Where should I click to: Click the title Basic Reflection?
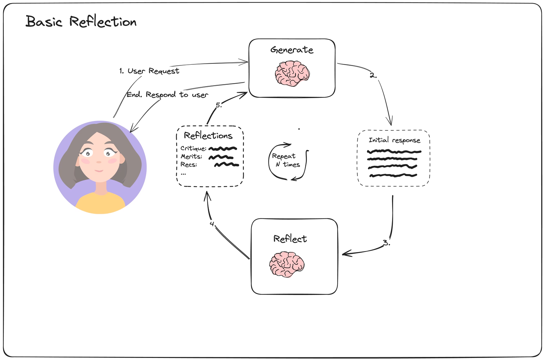(x=81, y=22)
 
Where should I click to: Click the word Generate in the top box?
(x=292, y=50)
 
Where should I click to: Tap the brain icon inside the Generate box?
(x=292, y=73)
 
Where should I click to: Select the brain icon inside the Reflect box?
(x=287, y=264)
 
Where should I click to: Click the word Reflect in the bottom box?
(x=290, y=239)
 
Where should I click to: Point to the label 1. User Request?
(x=149, y=71)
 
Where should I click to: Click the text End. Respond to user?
(x=167, y=95)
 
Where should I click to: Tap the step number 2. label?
(x=373, y=76)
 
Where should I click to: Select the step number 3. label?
(x=386, y=243)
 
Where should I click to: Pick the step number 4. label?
(x=213, y=224)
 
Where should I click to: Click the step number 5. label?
(x=219, y=105)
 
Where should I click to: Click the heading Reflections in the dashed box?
(x=208, y=136)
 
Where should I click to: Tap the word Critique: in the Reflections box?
(x=193, y=148)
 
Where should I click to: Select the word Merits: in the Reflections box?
(x=191, y=157)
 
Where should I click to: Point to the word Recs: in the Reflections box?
(x=189, y=165)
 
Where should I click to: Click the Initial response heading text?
(x=394, y=140)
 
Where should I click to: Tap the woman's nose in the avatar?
(x=99, y=161)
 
